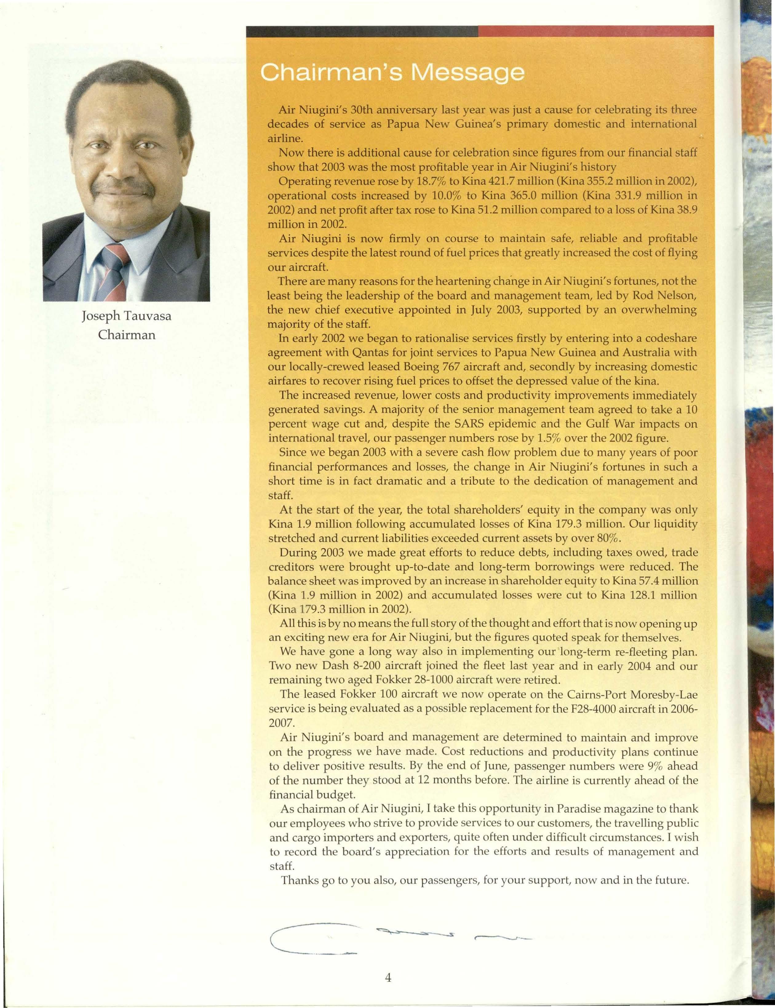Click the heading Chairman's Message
point(392,73)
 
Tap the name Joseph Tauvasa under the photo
point(126,317)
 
